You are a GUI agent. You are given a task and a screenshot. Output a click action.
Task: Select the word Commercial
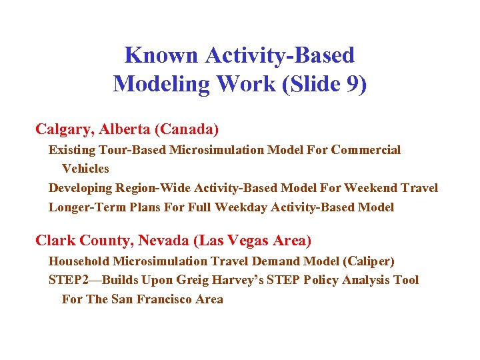(366, 150)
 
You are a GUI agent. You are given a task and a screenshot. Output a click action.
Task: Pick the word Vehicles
(85, 169)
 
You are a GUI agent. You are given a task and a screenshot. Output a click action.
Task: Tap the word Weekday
(240, 207)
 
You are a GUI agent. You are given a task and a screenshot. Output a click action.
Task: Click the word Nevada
(155, 240)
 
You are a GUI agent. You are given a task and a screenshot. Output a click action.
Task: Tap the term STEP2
(68, 280)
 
